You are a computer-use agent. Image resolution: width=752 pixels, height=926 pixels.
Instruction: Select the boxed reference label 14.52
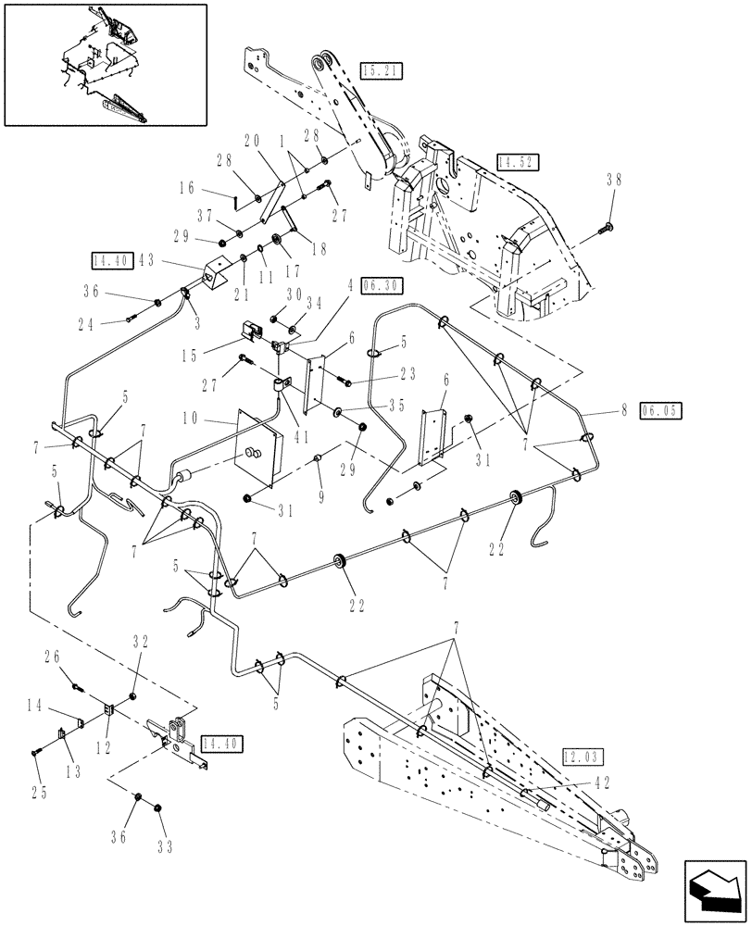[x=517, y=160]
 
